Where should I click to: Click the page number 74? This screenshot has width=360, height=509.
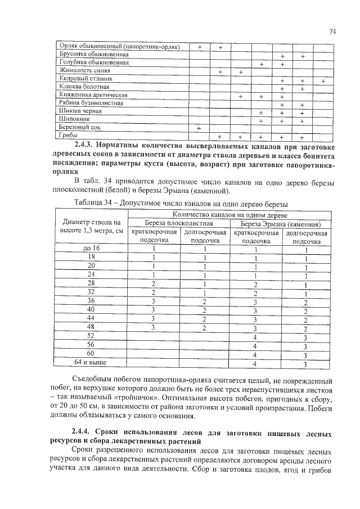[332, 33]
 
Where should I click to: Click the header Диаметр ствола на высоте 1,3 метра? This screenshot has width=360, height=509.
[92, 227]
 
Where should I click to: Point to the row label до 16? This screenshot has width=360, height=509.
[92, 248]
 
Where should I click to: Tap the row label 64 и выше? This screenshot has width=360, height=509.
[92, 362]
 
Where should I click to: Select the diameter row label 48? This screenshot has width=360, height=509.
[92, 327]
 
